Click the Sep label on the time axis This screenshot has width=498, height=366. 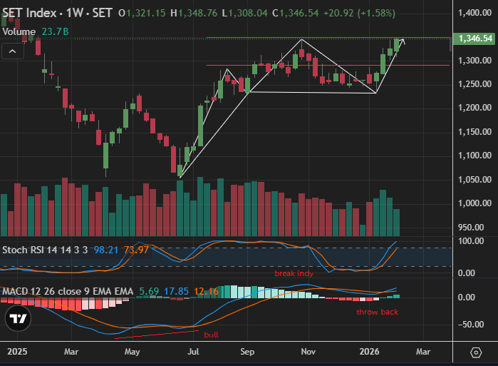pyautogui.click(x=247, y=352)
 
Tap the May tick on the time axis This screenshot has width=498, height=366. pyautogui.click(x=132, y=352)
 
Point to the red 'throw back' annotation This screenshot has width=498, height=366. pyautogui.click(x=378, y=312)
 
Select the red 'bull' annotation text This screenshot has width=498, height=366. pyautogui.click(x=211, y=335)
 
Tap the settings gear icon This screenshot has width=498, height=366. pyautogui.click(x=476, y=352)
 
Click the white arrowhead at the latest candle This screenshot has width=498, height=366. pyautogui.click(x=403, y=41)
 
